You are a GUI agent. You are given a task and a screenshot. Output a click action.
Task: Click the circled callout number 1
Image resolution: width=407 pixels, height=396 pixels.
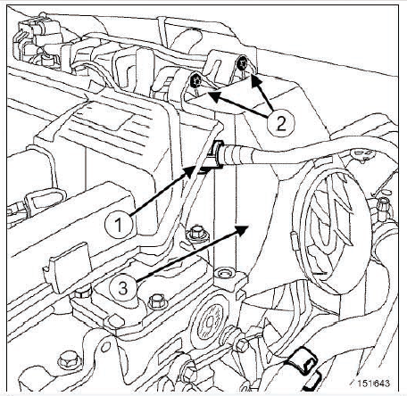(x=119, y=225)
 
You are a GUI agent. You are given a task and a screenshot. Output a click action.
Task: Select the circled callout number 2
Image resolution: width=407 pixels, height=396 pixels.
(x=281, y=123)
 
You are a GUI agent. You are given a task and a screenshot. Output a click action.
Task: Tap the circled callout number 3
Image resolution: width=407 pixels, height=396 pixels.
(x=122, y=288)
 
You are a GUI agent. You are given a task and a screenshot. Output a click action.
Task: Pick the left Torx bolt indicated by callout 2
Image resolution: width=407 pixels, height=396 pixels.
(x=195, y=81)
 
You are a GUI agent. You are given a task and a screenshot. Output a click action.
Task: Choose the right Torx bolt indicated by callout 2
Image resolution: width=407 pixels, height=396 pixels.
(x=242, y=64)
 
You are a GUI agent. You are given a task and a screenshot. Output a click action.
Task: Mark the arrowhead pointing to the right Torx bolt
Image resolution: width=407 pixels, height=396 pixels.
(x=256, y=80)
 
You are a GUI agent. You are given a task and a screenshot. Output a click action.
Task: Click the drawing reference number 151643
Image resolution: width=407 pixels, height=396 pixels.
(x=373, y=384)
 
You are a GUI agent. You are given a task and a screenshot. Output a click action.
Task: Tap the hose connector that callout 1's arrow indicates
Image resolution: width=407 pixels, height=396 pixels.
(x=217, y=155)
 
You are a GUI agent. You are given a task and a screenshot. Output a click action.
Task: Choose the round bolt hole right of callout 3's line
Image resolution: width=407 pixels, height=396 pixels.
(x=225, y=273)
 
